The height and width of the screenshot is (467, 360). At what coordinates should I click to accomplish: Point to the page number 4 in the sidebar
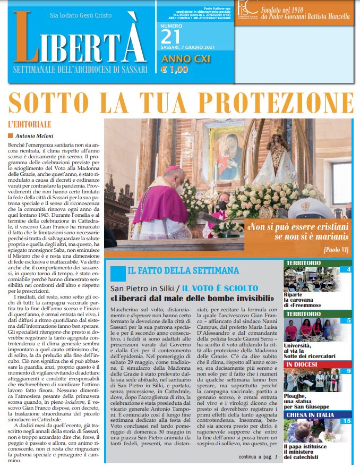pos(348,270)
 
